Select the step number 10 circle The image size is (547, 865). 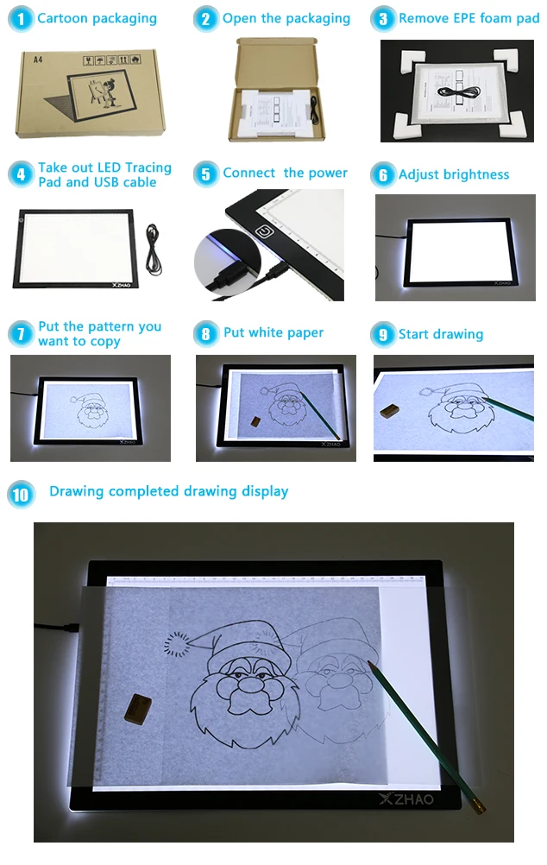(21, 494)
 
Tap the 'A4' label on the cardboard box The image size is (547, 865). (37, 60)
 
